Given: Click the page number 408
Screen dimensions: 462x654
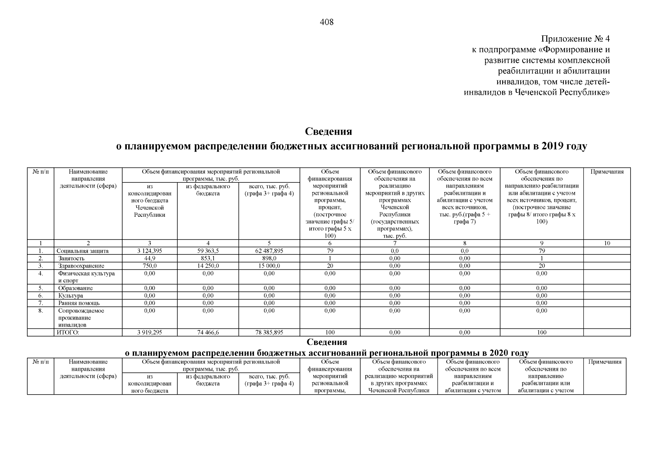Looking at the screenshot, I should tap(326, 22).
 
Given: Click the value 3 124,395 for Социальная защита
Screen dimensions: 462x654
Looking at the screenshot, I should tap(150, 251).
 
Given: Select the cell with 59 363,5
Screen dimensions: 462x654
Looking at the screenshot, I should tap(208, 251).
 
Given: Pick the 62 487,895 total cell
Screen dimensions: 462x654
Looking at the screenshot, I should tap(269, 251).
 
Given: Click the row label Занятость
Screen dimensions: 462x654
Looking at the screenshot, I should tap(71, 258).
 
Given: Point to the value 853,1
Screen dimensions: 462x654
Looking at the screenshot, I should tap(208, 258).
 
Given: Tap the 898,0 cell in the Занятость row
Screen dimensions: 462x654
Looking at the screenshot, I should tap(269, 258).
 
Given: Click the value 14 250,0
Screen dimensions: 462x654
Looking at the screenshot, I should tap(208, 266).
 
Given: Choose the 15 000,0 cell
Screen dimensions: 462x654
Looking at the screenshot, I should tap(269, 266).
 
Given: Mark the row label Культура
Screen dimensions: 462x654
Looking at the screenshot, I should tap(71, 296).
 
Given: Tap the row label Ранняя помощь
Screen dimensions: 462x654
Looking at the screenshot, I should tap(79, 303).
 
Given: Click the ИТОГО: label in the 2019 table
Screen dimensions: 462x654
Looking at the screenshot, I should tap(68, 333).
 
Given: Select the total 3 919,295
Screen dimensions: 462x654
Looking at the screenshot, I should tap(150, 333).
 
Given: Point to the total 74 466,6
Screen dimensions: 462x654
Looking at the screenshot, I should tap(208, 333).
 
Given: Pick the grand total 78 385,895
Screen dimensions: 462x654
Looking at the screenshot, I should tap(269, 333).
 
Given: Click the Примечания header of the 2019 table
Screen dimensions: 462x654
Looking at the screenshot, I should tap(607, 172).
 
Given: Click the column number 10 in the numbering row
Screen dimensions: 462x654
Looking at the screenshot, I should tap(607, 243).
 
